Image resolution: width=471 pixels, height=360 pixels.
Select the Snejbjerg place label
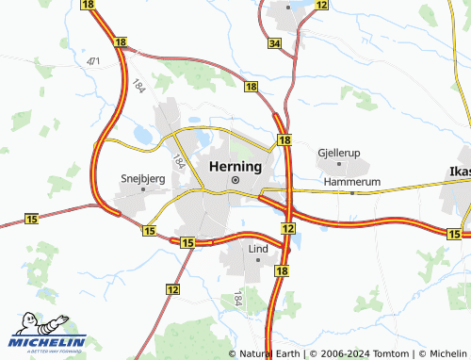pyautogui.click(x=143, y=176)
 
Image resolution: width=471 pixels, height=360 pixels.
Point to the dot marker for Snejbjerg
pyautogui.click(x=143, y=188)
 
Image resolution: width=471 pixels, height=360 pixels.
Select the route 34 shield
pyautogui.click(x=274, y=44)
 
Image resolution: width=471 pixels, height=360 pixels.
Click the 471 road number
pyautogui.click(x=92, y=61)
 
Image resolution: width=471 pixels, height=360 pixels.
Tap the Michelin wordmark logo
pyautogui.click(x=49, y=341)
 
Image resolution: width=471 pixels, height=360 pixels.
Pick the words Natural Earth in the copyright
pyautogui.click(x=273, y=353)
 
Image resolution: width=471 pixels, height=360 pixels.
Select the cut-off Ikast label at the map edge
pyautogui.click(x=456, y=172)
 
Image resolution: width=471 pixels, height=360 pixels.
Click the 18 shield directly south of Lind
pyautogui.click(x=282, y=270)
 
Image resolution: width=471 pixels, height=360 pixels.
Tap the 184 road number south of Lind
pyautogui.click(x=237, y=299)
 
